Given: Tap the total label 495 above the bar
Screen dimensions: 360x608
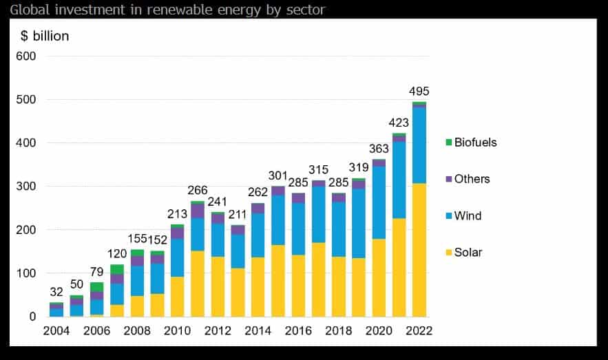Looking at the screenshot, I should (x=419, y=92).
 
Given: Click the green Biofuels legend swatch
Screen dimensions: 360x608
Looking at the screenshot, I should (x=448, y=142).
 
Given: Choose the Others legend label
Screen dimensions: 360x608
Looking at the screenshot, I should (x=472, y=179).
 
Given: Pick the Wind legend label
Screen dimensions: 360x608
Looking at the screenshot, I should (x=468, y=215).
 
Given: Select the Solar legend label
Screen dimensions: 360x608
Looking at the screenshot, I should (x=468, y=252).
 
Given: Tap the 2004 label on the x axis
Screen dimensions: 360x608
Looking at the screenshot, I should (x=56, y=330).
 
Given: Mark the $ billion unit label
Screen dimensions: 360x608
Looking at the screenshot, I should (x=45, y=36).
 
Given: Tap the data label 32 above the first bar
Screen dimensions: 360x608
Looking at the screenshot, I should (x=56, y=292).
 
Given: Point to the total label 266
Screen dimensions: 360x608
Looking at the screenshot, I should (x=198, y=191).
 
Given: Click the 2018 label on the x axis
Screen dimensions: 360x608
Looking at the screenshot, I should (x=338, y=330).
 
